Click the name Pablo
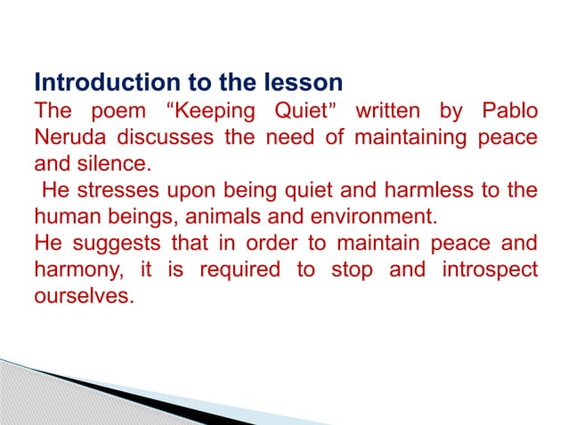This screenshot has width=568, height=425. [x=510, y=114]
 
